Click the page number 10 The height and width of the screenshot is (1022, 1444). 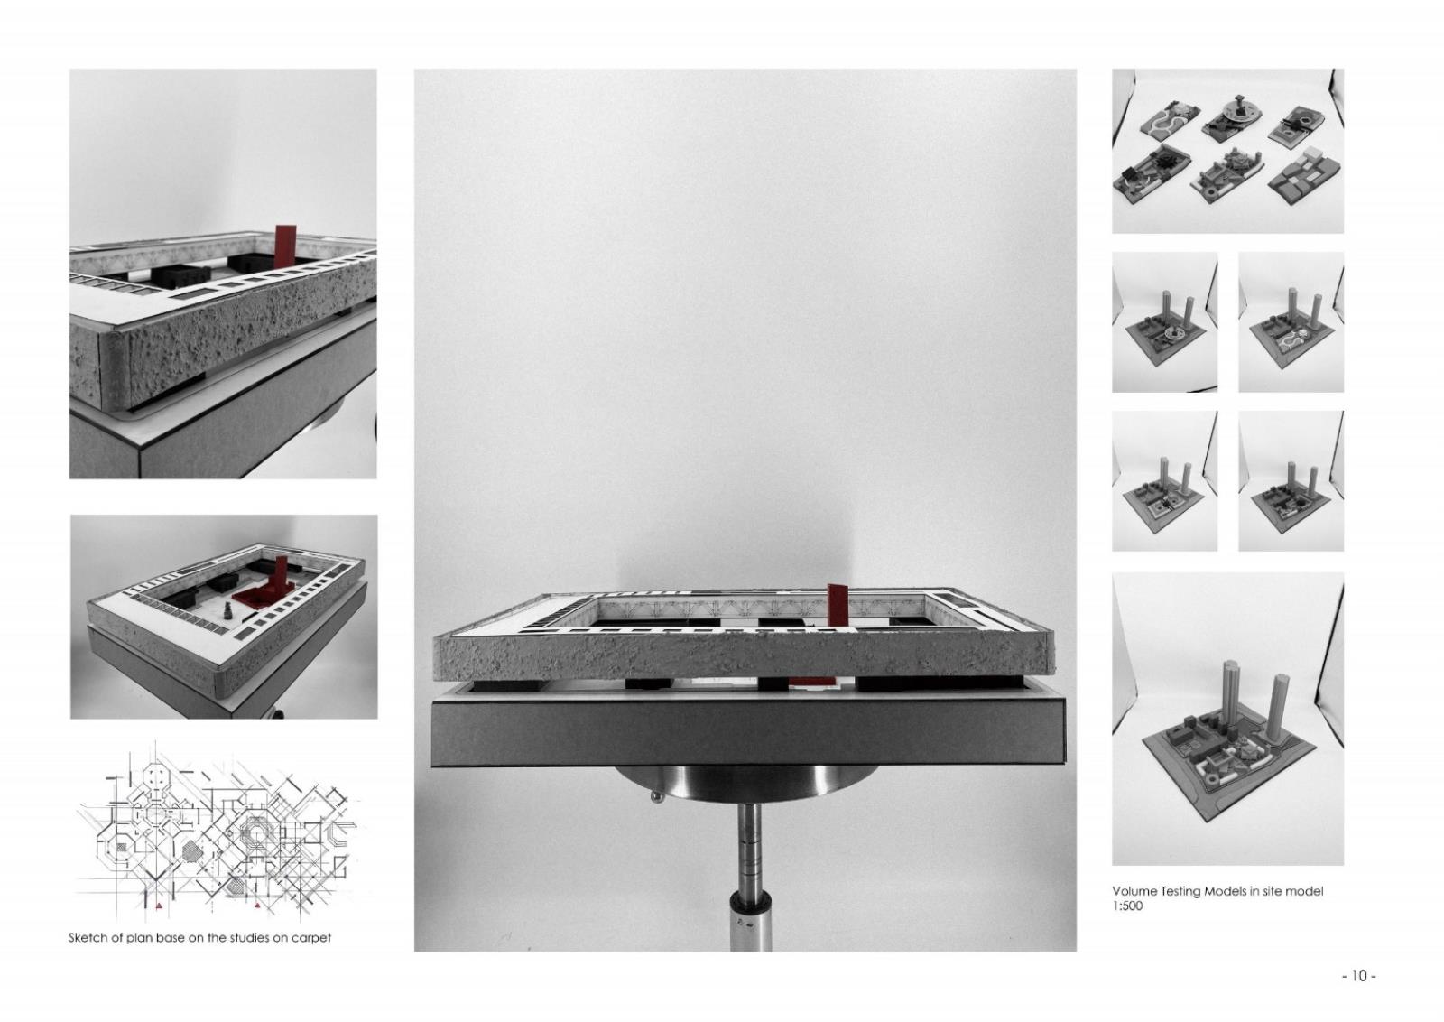[x=1359, y=976]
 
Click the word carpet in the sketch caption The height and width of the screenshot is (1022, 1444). [x=311, y=938]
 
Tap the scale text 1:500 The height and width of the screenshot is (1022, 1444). [x=1127, y=906]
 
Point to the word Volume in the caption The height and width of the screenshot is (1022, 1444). [x=1134, y=891]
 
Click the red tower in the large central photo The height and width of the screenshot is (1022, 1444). [x=838, y=605]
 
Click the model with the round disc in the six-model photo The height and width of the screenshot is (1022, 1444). [x=1228, y=116]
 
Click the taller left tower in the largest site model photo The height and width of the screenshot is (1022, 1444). [x=1230, y=695]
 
